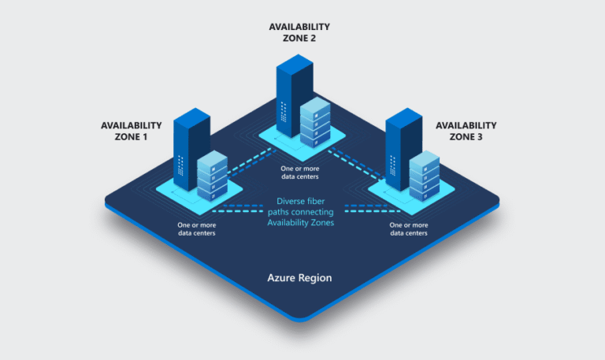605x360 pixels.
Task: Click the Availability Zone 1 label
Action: [x=132, y=130]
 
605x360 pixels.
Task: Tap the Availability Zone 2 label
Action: [x=299, y=32]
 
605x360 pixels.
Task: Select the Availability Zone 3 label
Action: [x=466, y=130]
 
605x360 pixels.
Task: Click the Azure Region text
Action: [x=299, y=278]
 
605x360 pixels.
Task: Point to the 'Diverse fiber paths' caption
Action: [x=299, y=212]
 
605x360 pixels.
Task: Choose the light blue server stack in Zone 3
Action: [x=424, y=175]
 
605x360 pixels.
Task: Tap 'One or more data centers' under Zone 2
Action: [x=300, y=173]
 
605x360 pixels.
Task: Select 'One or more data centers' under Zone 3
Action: [x=410, y=228]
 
